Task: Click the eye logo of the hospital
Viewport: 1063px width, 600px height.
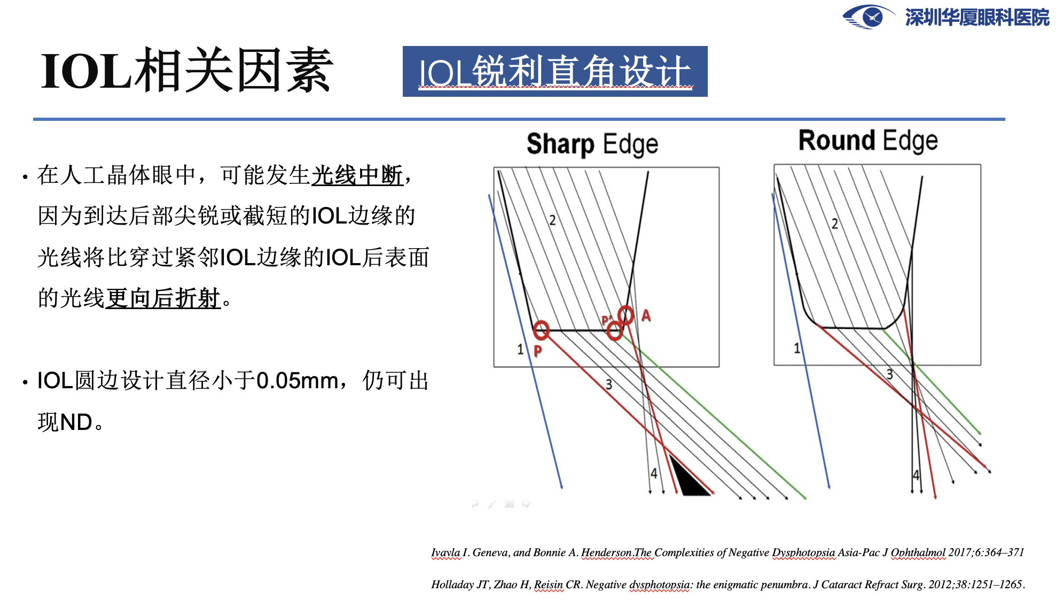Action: click(x=869, y=17)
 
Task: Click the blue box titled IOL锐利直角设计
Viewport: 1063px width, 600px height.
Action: click(x=555, y=71)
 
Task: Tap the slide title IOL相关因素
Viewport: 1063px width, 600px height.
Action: click(x=187, y=70)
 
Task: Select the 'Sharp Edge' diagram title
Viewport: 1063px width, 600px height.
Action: click(x=592, y=144)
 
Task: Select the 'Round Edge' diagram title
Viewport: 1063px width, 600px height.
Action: click(x=868, y=141)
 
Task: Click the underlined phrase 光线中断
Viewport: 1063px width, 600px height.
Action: click(x=357, y=175)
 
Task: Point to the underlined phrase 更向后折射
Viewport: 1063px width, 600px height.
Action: click(x=163, y=298)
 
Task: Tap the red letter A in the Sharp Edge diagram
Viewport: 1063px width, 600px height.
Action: click(x=646, y=316)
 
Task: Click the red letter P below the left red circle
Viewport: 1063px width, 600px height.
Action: click(x=538, y=351)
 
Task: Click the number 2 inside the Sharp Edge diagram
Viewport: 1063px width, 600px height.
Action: click(x=552, y=220)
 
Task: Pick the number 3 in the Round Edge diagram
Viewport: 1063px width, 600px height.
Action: click(x=889, y=374)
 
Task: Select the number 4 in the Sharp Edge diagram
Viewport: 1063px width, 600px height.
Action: click(x=654, y=473)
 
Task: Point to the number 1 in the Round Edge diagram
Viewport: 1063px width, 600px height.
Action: click(x=797, y=349)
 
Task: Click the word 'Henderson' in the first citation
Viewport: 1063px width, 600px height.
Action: click(x=606, y=552)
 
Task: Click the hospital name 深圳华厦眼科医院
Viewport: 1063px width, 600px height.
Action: click(x=977, y=18)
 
